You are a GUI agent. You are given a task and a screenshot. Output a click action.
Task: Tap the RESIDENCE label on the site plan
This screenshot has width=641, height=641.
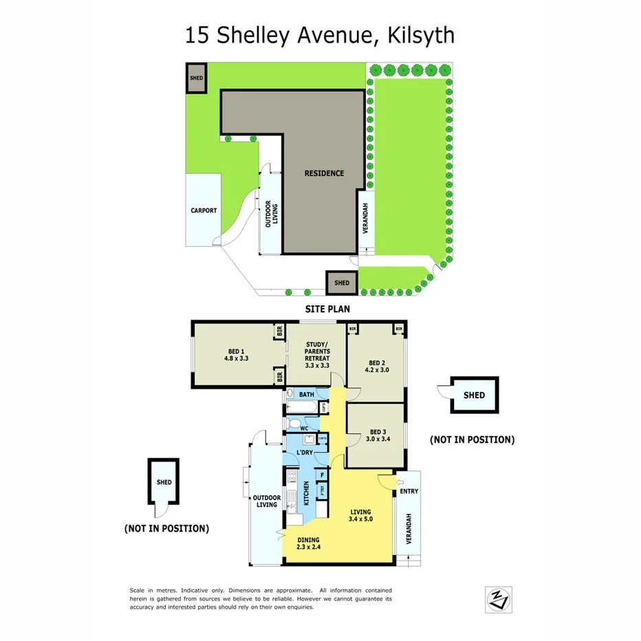pyautogui.click(x=324, y=173)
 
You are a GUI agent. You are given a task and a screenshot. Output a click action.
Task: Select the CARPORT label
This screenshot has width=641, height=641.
pyautogui.click(x=204, y=210)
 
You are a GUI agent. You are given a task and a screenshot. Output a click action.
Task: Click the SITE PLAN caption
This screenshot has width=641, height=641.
pyautogui.click(x=327, y=309)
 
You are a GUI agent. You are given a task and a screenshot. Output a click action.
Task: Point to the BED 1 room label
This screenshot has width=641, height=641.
pyautogui.click(x=236, y=354)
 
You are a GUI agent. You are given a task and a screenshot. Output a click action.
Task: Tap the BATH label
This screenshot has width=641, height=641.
pyautogui.click(x=306, y=394)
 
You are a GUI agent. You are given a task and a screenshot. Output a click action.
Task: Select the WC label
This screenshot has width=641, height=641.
pyautogui.click(x=303, y=428)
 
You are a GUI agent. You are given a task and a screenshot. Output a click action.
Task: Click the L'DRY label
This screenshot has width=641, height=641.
pyautogui.click(x=305, y=453)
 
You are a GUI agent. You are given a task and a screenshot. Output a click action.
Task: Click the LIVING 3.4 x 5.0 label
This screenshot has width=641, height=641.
pyautogui.click(x=360, y=516)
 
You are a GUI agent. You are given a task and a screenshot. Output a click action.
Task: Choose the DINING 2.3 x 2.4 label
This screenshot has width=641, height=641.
pyautogui.click(x=309, y=543)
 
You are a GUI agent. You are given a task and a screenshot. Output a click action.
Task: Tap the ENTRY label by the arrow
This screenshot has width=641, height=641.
pyautogui.click(x=409, y=491)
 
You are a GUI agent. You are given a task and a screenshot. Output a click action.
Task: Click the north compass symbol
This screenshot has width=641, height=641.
pyautogui.click(x=495, y=598)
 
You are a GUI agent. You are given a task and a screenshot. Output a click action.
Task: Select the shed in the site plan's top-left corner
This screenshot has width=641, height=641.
pyautogui.click(x=196, y=78)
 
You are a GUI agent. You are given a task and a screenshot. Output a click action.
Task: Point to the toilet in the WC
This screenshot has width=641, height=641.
pyautogui.click(x=294, y=423)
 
